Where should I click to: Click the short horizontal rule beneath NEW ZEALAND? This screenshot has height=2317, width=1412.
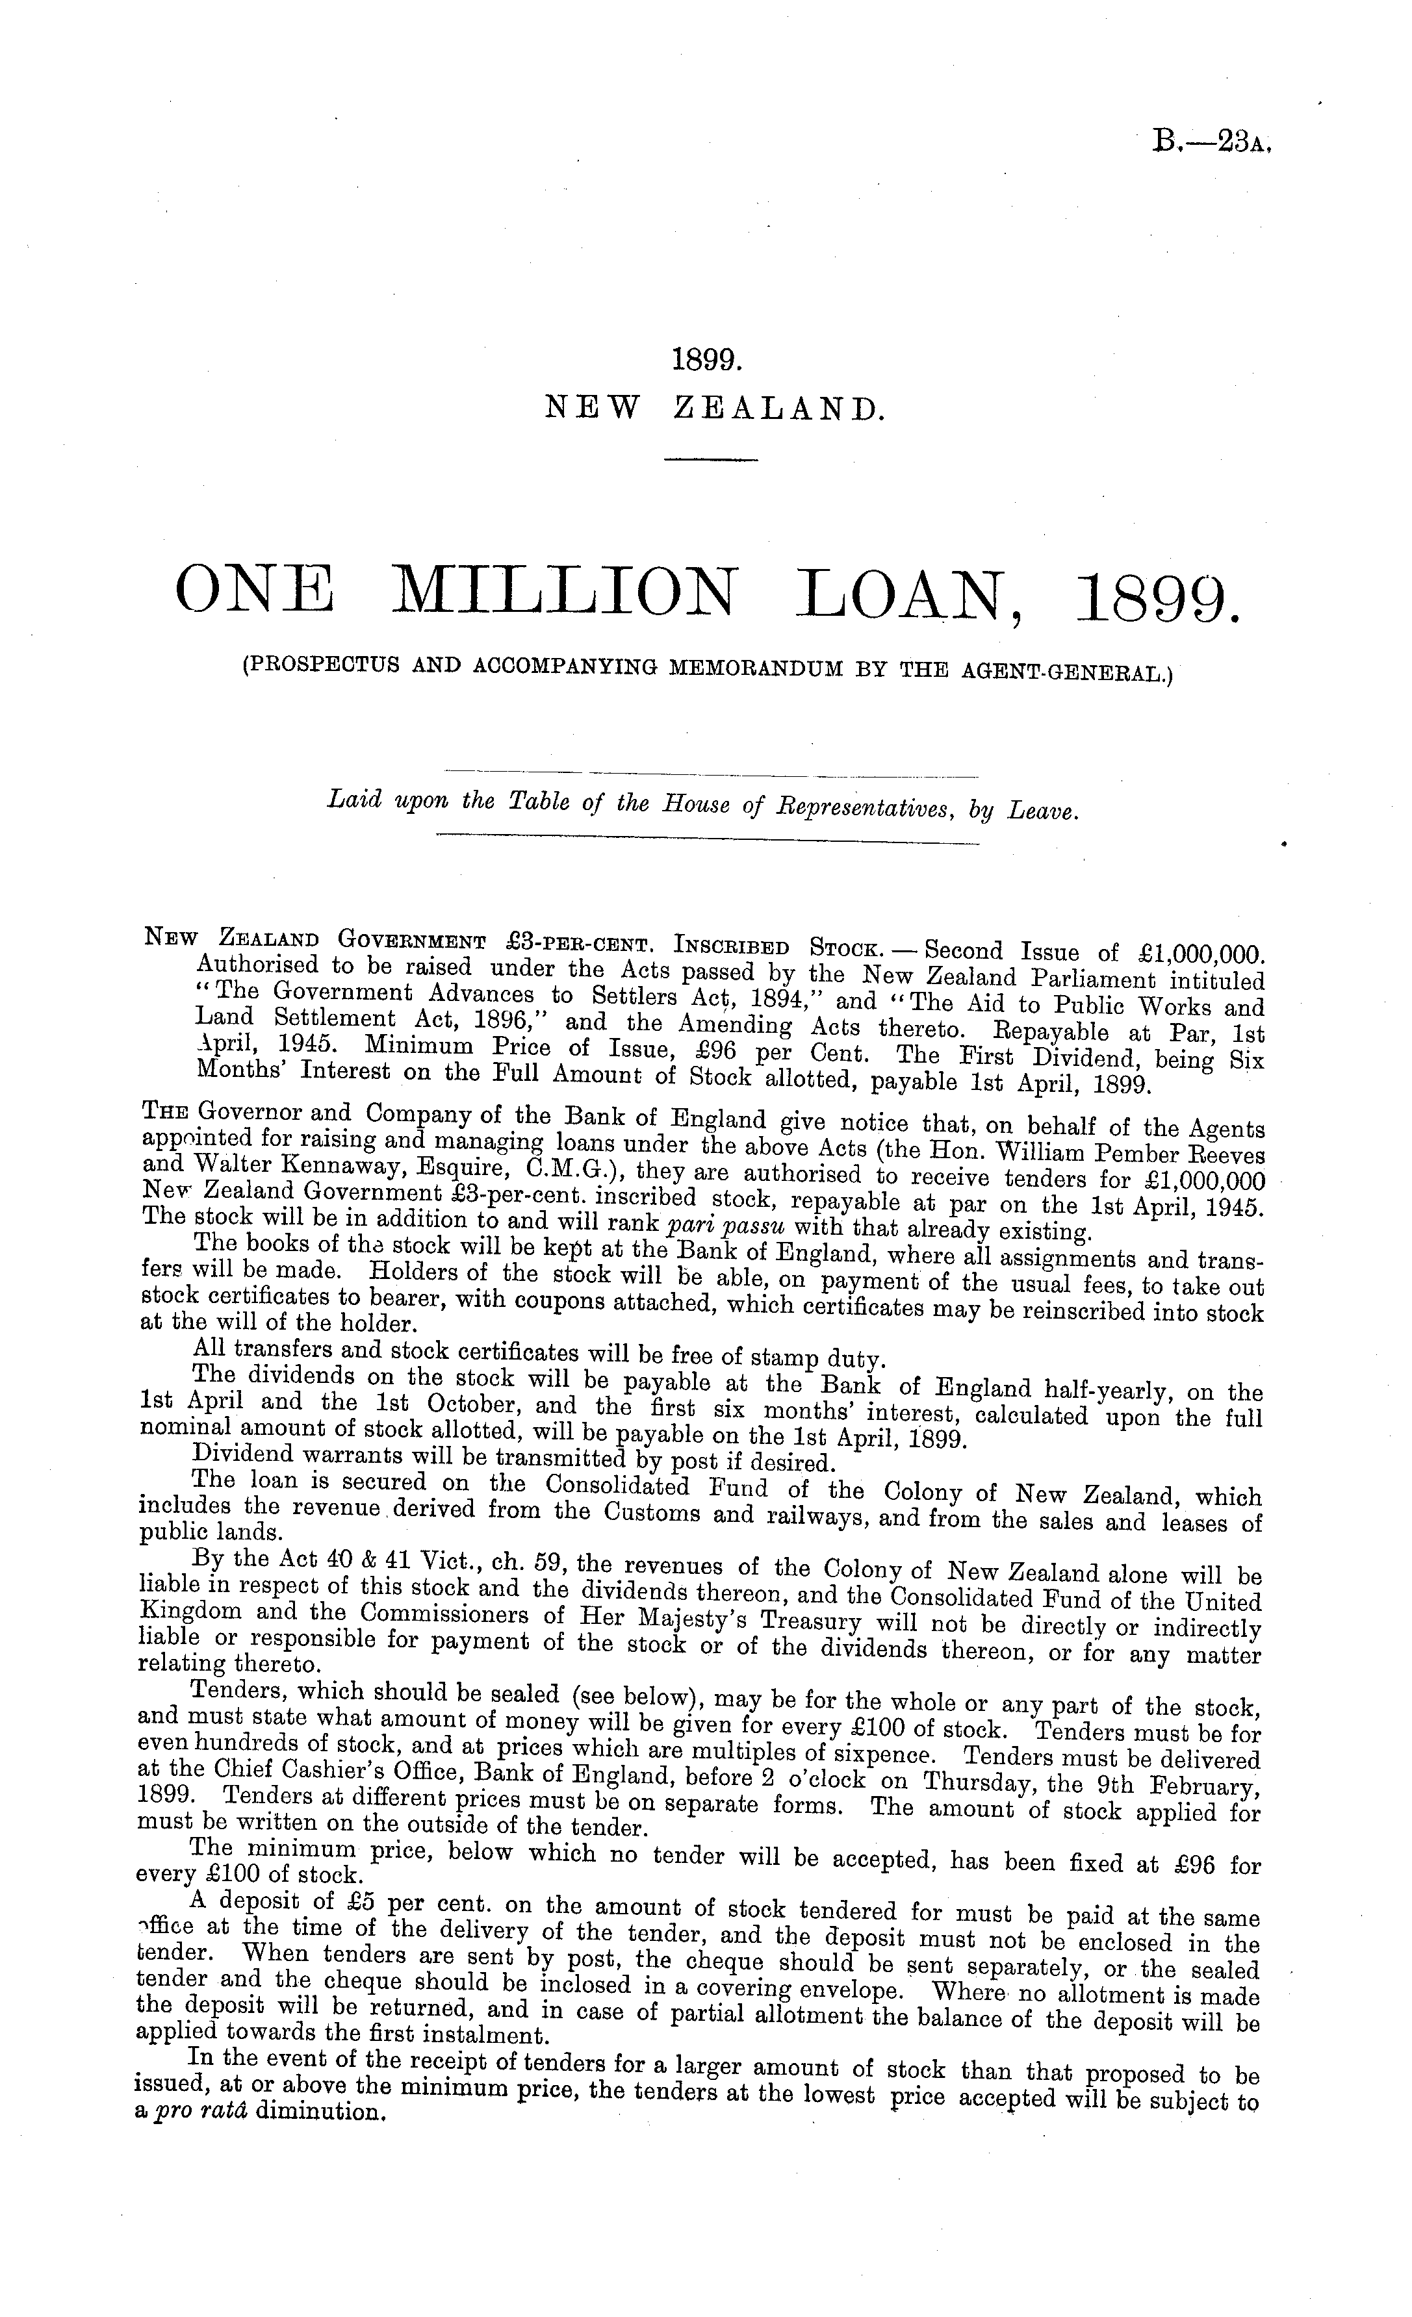click(710, 460)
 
